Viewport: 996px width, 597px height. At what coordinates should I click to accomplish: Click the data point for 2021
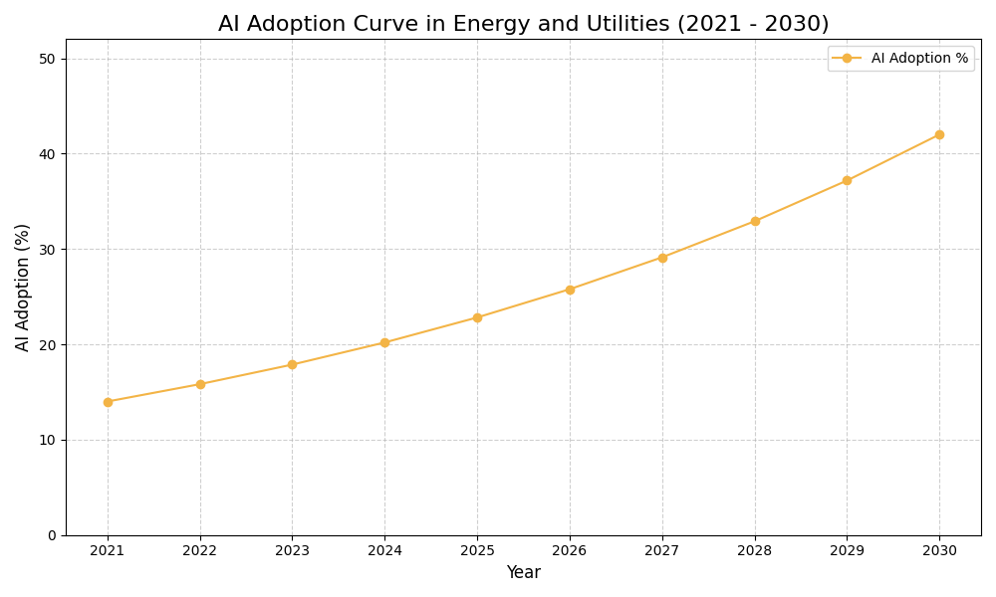point(108,402)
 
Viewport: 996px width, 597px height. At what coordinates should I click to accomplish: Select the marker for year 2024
point(384,342)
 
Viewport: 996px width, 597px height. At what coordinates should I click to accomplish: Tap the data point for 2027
point(662,258)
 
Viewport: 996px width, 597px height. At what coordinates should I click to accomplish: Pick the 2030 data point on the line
point(939,134)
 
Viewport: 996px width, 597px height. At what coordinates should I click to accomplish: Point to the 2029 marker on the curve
point(847,180)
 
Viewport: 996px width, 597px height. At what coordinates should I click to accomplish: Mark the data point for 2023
point(292,364)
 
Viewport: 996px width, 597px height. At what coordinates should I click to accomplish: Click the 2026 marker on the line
point(570,290)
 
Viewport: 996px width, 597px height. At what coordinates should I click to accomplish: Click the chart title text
point(523,24)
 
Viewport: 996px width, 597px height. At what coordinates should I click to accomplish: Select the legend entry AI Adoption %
point(918,59)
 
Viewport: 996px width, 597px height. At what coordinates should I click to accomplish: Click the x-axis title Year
point(523,573)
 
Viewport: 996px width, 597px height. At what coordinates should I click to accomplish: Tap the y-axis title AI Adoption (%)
point(23,287)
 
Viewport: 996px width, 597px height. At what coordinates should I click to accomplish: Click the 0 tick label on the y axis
point(52,535)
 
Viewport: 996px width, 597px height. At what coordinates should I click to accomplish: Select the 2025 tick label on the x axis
point(477,550)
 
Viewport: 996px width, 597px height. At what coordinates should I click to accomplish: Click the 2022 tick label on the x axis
point(200,550)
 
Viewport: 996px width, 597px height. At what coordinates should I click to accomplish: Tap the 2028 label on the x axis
point(755,550)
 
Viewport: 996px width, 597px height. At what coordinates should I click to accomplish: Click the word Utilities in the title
point(627,24)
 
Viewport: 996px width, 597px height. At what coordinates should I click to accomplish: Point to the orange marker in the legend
point(847,59)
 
